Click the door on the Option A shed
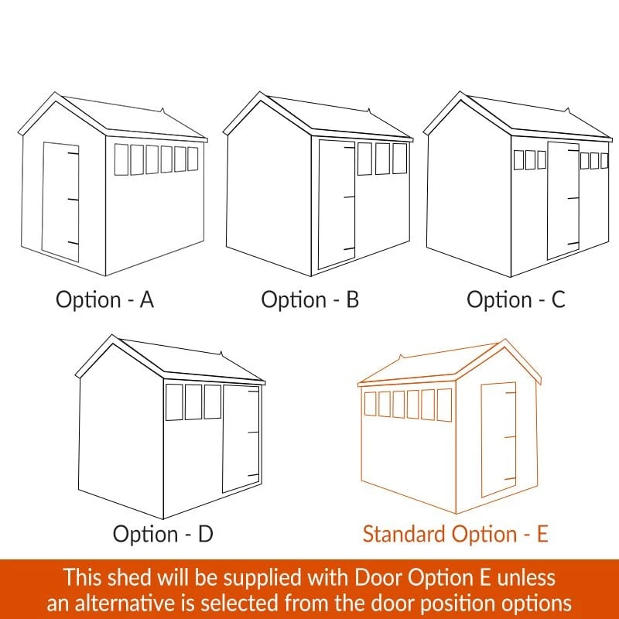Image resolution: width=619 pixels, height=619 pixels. (x=60, y=202)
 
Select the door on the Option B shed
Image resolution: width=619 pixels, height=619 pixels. (x=337, y=204)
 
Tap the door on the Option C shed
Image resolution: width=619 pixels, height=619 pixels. (x=563, y=200)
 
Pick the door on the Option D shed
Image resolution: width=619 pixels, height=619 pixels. (x=241, y=438)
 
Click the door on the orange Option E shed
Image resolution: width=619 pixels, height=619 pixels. (x=498, y=439)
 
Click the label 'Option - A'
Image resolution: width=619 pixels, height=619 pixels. (x=104, y=299)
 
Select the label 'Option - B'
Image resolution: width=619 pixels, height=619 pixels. (x=310, y=299)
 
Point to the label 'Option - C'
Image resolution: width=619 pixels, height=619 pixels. (x=516, y=299)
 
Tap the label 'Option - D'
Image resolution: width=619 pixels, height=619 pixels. (x=163, y=534)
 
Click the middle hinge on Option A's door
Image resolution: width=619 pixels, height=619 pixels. (x=73, y=200)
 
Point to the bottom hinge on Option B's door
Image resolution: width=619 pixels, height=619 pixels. (x=350, y=248)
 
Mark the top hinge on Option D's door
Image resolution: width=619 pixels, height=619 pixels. (x=254, y=392)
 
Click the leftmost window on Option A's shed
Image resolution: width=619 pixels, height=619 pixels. (x=121, y=159)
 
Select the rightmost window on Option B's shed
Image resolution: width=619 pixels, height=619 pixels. (x=399, y=159)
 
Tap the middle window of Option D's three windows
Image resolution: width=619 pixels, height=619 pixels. (x=193, y=402)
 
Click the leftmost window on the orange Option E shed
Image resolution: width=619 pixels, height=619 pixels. (x=370, y=404)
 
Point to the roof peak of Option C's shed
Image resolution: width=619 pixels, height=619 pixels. (x=460, y=92)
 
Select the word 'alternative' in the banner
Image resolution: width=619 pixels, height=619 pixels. (x=124, y=604)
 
